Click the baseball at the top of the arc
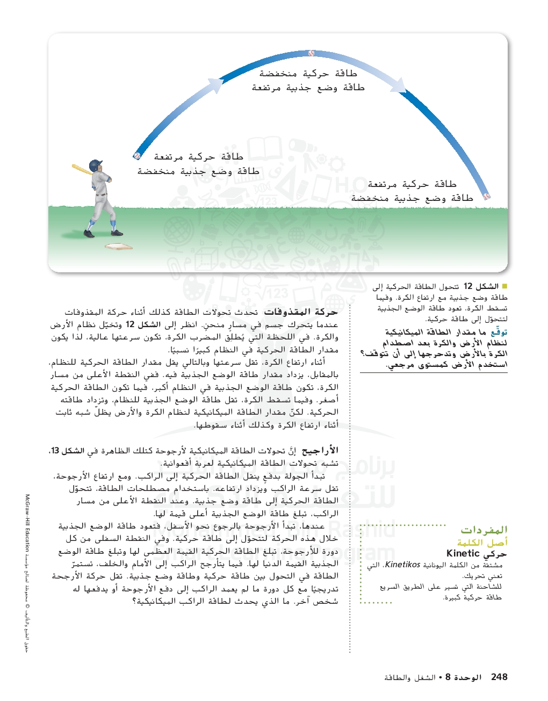pyautogui.click(x=312, y=53)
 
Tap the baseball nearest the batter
pyautogui.click(x=137, y=156)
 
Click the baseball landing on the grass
pyautogui.click(x=487, y=197)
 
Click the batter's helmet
pyautogui.click(x=96, y=164)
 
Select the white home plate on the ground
pyautogui.click(x=119, y=247)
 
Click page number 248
pyautogui.click(x=499, y=677)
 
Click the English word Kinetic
pyautogui.click(x=463, y=554)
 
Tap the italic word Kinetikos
pyautogui.click(x=402, y=565)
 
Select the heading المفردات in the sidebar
pyautogui.click(x=484, y=530)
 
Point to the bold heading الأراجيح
pyautogui.click(x=320, y=451)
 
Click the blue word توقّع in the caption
pyautogui.click(x=499, y=332)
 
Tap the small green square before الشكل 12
pyautogui.click(x=504, y=286)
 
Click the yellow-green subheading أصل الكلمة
pyautogui.click(x=482, y=543)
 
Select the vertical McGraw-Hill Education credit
pyautogui.click(x=27, y=522)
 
